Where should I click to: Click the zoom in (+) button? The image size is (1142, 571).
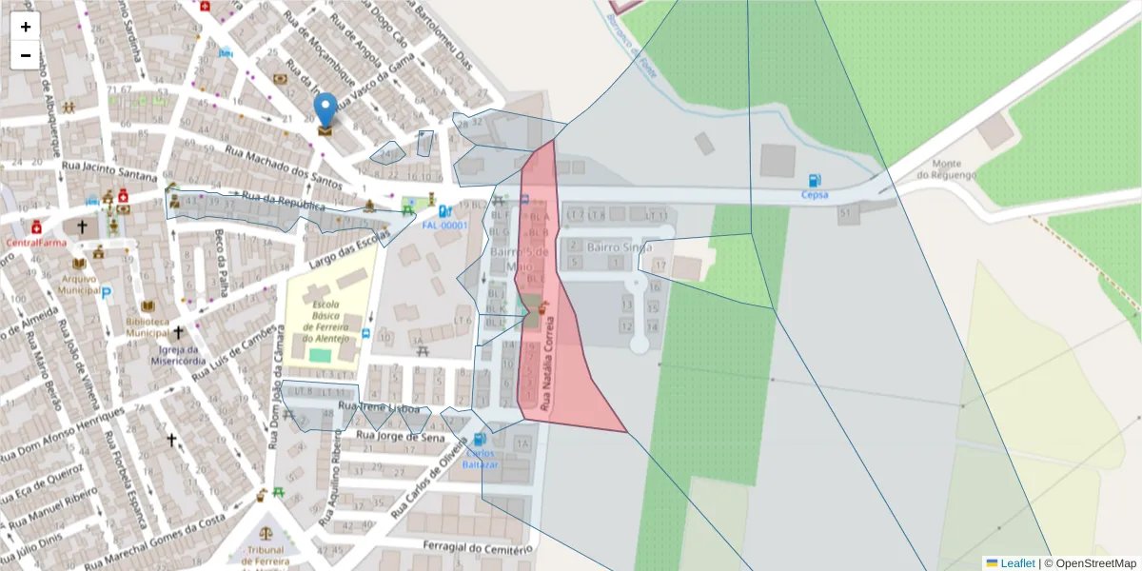[x=26, y=27]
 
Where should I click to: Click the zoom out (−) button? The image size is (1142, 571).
[x=26, y=55]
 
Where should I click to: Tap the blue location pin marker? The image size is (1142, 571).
[x=325, y=110]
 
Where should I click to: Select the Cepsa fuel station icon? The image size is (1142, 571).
[x=815, y=180]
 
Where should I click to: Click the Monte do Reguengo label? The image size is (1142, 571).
[x=947, y=169]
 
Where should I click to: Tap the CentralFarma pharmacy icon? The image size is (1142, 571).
[x=36, y=227]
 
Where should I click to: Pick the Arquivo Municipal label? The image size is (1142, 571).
[x=79, y=284]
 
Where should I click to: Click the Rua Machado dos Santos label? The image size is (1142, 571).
[x=282, y=164]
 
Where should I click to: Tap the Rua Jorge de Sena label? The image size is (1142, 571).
[x=393, y=436]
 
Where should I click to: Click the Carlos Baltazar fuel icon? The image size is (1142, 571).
[x=479, y=440]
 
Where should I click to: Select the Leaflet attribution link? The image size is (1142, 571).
[x=1016, y=563]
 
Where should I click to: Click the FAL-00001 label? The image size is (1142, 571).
[x=445, y=226]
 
